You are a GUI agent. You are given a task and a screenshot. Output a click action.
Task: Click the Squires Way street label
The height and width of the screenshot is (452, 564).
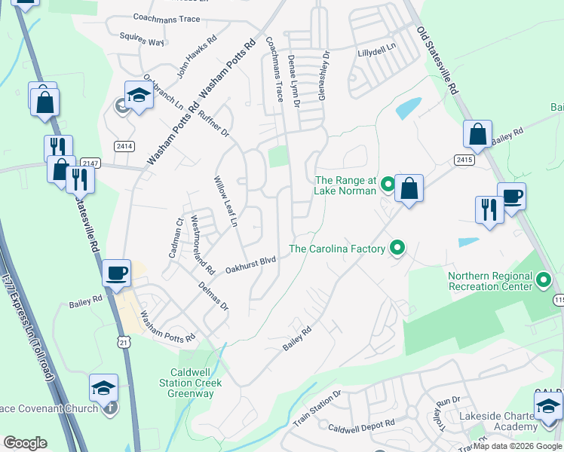click(x=142, y=38)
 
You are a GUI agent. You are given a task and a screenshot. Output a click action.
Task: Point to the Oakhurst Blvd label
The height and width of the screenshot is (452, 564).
click(x=250, y=264)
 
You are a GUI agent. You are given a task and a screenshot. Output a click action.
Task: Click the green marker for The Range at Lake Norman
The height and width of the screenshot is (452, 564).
click(x=388, y=184)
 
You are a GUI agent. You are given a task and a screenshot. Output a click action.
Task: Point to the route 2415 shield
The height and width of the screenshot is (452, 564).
click(x=464, y=159)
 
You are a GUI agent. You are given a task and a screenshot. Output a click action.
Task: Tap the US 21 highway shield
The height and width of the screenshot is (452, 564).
click(x=122, y=342)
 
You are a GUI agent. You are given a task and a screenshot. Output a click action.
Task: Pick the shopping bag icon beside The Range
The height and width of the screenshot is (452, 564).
click(x=409, y=188)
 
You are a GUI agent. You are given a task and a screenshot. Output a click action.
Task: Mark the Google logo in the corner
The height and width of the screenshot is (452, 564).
click(x=25, y=443)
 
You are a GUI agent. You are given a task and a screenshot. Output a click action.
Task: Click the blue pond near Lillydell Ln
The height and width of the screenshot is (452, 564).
click(x=409, y=107)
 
